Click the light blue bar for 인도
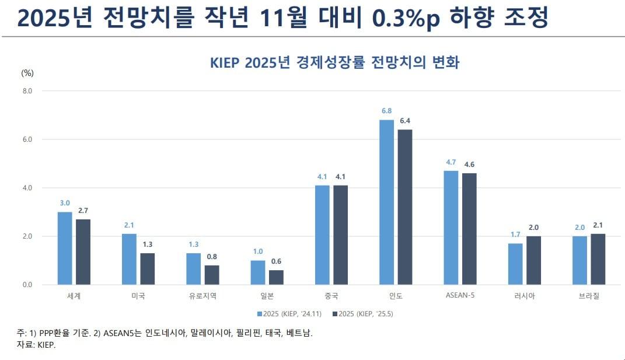[x=387, y=202]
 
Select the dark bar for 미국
[x=148, y=269]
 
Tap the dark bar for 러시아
[x=533, y=261]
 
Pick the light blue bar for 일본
[x=258, y=272]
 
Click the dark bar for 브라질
[x=598, y=259]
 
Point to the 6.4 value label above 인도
[x=405, y=121]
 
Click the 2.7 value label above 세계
[x=83, y=210]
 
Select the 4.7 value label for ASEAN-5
[x=451, y=162]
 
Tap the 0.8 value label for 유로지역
[x=212, y=256]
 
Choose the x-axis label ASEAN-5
[x=460, y=296]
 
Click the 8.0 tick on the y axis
[x=27, y=91]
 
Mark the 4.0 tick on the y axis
[x=27, y=188]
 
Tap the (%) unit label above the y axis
[x=27, y=73]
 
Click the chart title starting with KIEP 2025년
[x=334, y=62]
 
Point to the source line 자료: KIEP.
[x=36, y=345]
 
